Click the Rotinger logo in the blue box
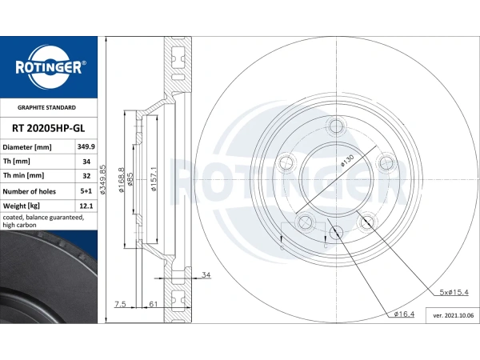(x=48, y=67)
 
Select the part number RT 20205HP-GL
(x=48, y=127)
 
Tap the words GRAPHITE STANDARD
(x=47, y=107)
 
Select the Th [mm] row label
(x=18, y=162)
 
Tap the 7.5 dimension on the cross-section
(x=120, y=304)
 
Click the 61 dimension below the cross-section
(x=151, y=304)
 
